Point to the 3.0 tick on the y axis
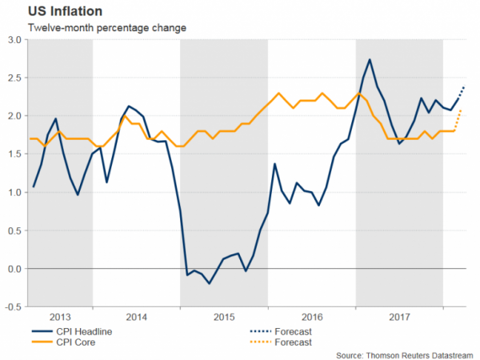(14, 39)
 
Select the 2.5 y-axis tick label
(14, 78)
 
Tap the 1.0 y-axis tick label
(14, 192)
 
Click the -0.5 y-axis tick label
(13, 307)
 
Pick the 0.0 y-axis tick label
(14, 269)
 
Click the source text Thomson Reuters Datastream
(407, 354)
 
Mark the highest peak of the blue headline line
(370, 59)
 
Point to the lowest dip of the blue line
(210, 284)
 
